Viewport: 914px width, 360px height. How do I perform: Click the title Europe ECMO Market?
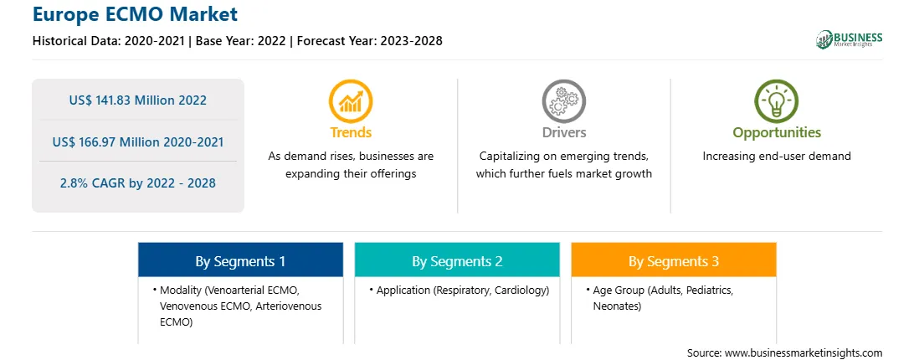click(135, 13)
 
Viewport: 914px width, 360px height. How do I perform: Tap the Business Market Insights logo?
click(849, 39)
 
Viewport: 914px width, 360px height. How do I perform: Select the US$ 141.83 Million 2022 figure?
click(137, 100)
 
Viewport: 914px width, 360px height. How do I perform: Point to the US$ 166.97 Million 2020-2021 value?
click(137, 141)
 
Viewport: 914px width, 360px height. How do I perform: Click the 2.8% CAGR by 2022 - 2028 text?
click(137, 183)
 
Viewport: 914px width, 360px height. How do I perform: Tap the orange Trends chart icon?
click(351, 101)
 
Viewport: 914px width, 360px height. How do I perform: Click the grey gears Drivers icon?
click(563, 101)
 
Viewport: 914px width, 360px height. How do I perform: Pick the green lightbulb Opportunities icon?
click(777, 101)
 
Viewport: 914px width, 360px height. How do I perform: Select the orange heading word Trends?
click(351, 132)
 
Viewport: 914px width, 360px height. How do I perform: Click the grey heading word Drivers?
click(563, 132)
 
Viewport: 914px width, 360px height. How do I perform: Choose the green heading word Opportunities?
click(777, 133)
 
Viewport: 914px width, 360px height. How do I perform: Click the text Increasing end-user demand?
click(777, 157)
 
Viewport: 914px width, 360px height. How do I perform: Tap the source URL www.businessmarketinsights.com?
click(804, 353)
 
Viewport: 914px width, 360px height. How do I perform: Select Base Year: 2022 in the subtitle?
click(241, 41)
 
